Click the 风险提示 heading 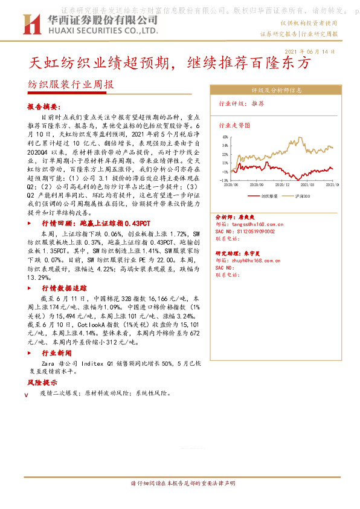[x=42, y=383]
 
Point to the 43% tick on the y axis [x=224, y=138]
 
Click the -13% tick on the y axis [x=223, y=180]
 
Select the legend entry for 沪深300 [x=302, y=196]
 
